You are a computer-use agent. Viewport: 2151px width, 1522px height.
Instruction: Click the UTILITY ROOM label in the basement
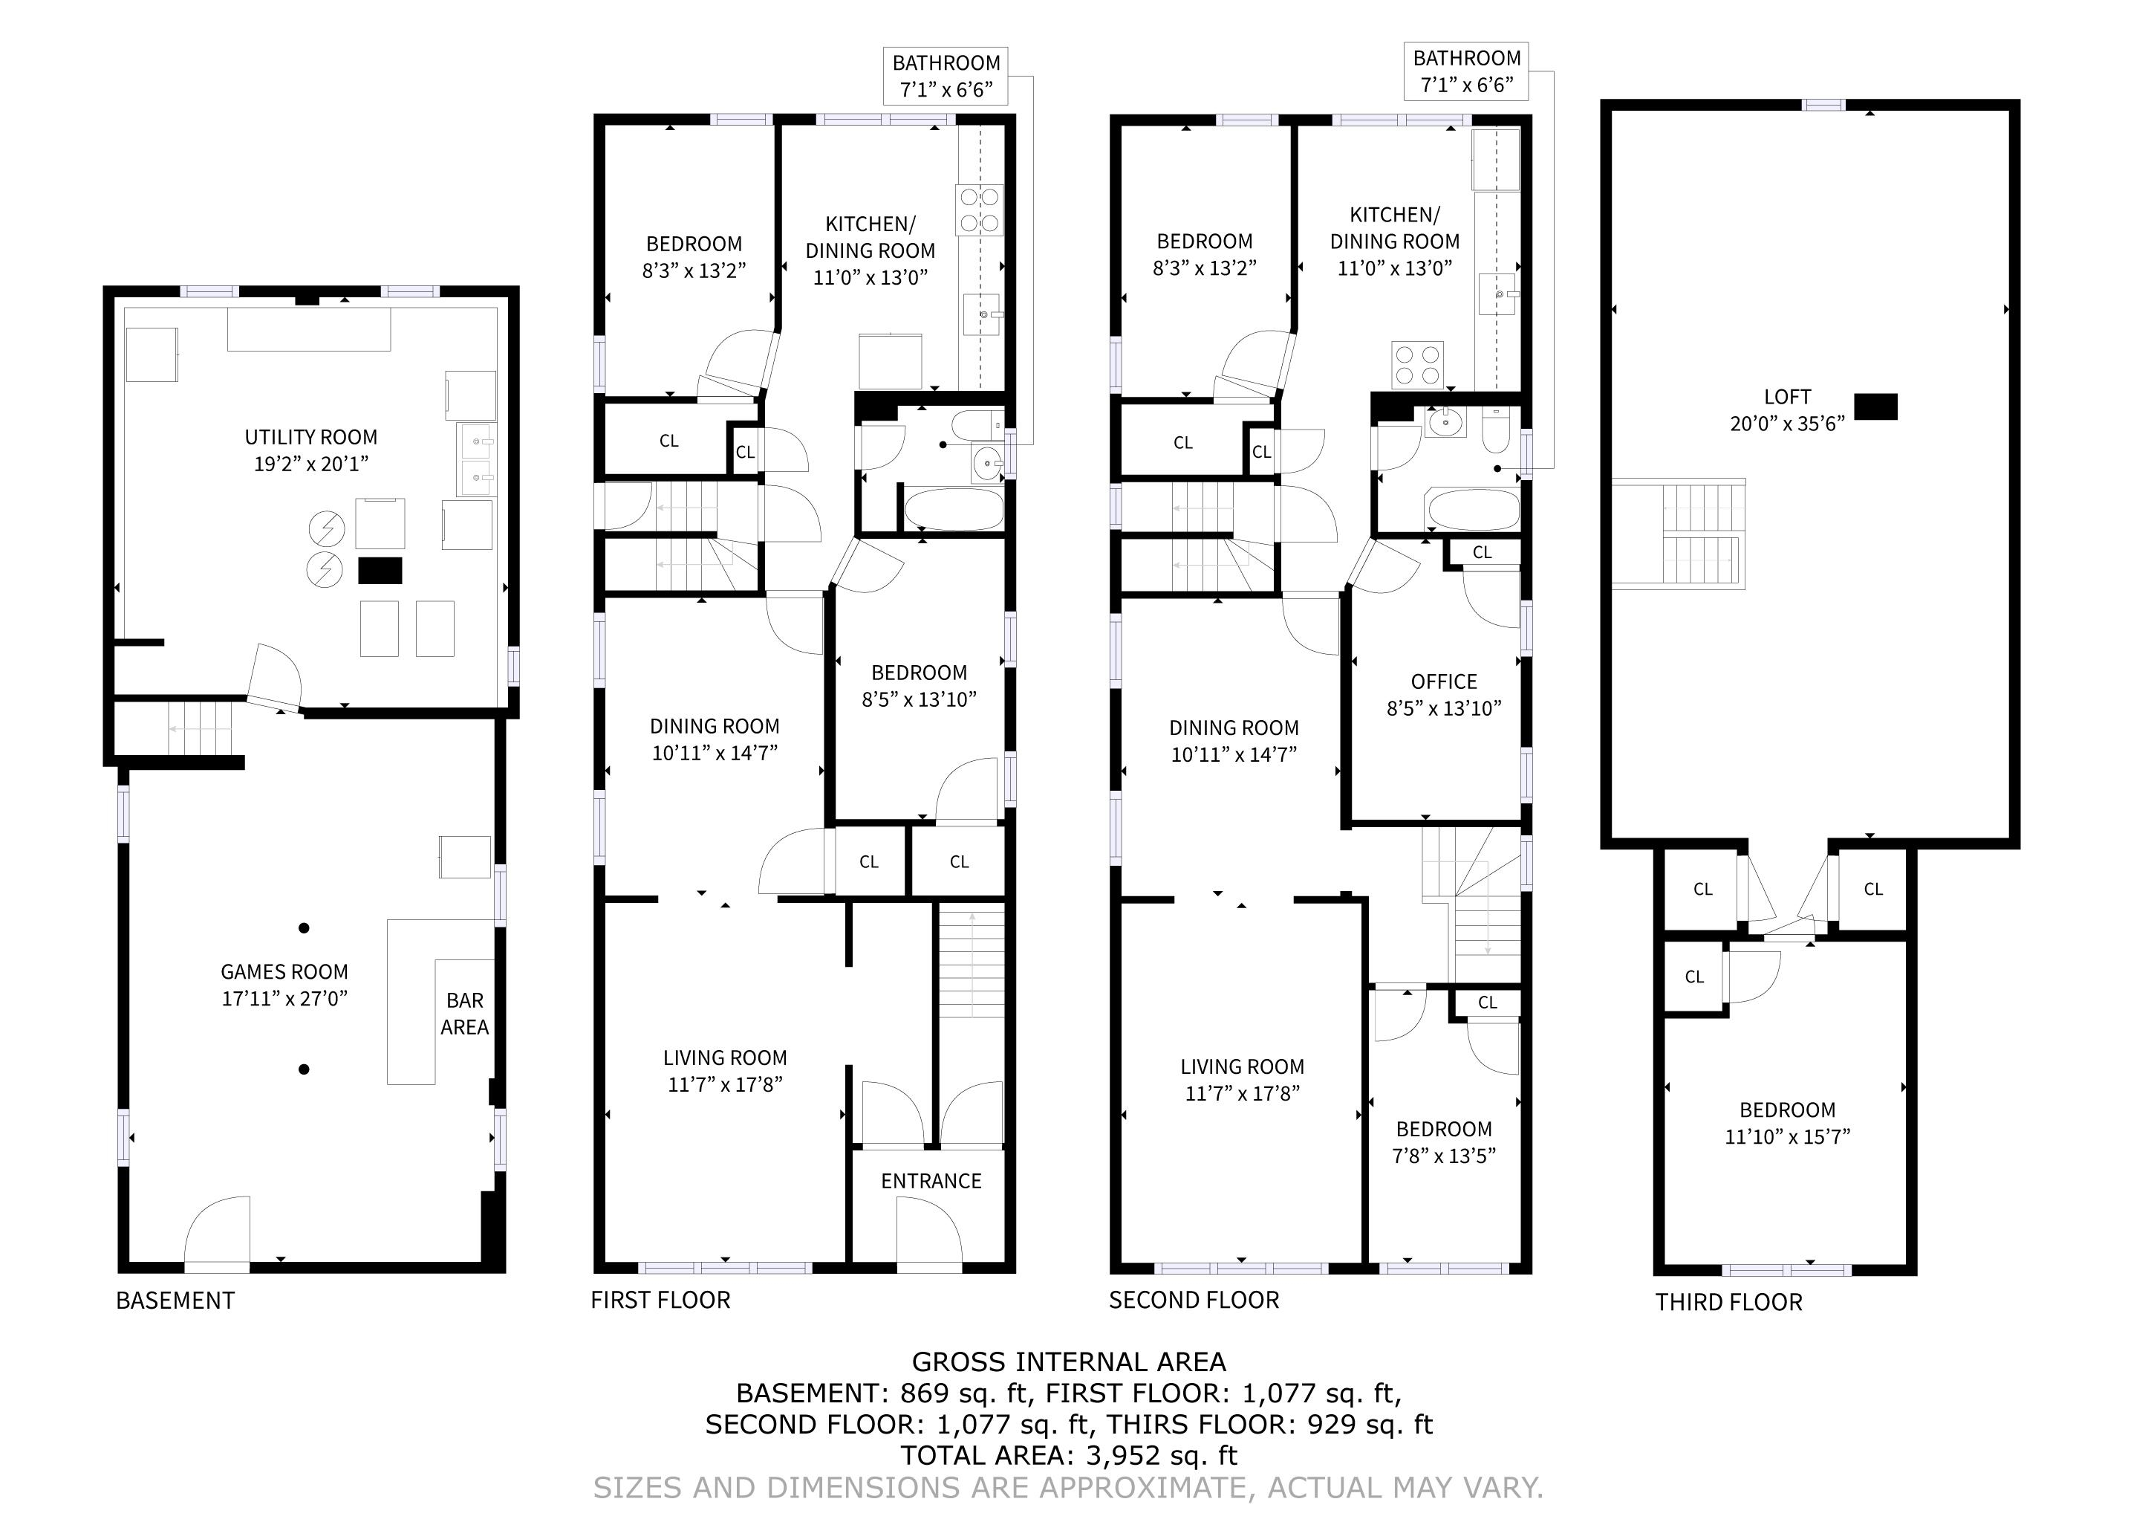pyautogui.click(x=311, y=438)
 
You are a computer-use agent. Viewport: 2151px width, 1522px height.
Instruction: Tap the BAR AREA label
pyautogui.click(x=465, y=1014)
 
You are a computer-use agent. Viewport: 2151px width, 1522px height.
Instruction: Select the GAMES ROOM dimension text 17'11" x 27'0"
pyautogui.click(x=284, y=999)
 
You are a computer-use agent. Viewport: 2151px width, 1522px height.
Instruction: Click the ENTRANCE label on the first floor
pyautogui.click(x=931, y=1182)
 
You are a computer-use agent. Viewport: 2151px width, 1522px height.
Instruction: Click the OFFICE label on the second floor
pyautogui.click(x=1444, y=682)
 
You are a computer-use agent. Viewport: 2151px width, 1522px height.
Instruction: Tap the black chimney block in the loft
pyautogui.click(x=1876, y=407)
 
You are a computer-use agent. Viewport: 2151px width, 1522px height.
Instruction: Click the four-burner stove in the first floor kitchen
pyautogui.click(x=979, y=210)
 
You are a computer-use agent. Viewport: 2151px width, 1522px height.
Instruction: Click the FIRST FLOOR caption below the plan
pyautogui.click(x=660, y=1301)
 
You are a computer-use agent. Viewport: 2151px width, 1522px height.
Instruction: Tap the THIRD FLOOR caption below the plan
pyautogui.click(x=1728, y=1303)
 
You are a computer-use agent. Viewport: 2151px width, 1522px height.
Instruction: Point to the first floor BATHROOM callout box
pyautogui.click(x=946, y=76)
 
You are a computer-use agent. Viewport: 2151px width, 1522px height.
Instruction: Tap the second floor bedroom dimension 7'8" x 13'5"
pyautogui.click(x=1444, y=1156)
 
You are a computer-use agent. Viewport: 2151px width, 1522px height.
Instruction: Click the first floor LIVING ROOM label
pyautogui.click(x=725, y=1059)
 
